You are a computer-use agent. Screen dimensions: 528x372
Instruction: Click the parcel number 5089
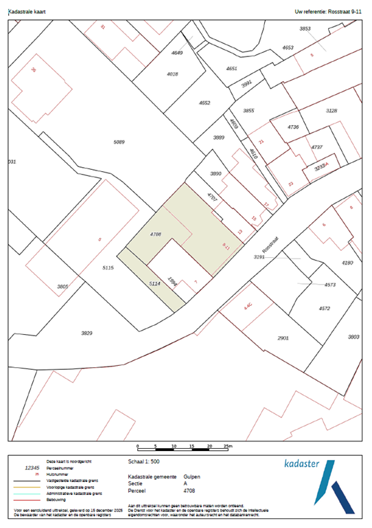(119, 142)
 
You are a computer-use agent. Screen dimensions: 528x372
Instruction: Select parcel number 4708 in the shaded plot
(154, 234)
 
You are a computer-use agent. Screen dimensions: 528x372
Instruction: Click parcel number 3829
(86, 333)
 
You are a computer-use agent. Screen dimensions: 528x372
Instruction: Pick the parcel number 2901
(283, 338)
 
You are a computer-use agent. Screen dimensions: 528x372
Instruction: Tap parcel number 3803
(353, 337)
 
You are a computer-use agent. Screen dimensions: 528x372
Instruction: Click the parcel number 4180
(348, 263)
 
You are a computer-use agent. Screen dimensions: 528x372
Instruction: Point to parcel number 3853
(305, 28)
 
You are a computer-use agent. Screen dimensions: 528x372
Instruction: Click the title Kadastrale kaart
(27, 12)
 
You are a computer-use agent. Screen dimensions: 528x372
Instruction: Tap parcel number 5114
(154, 283)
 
